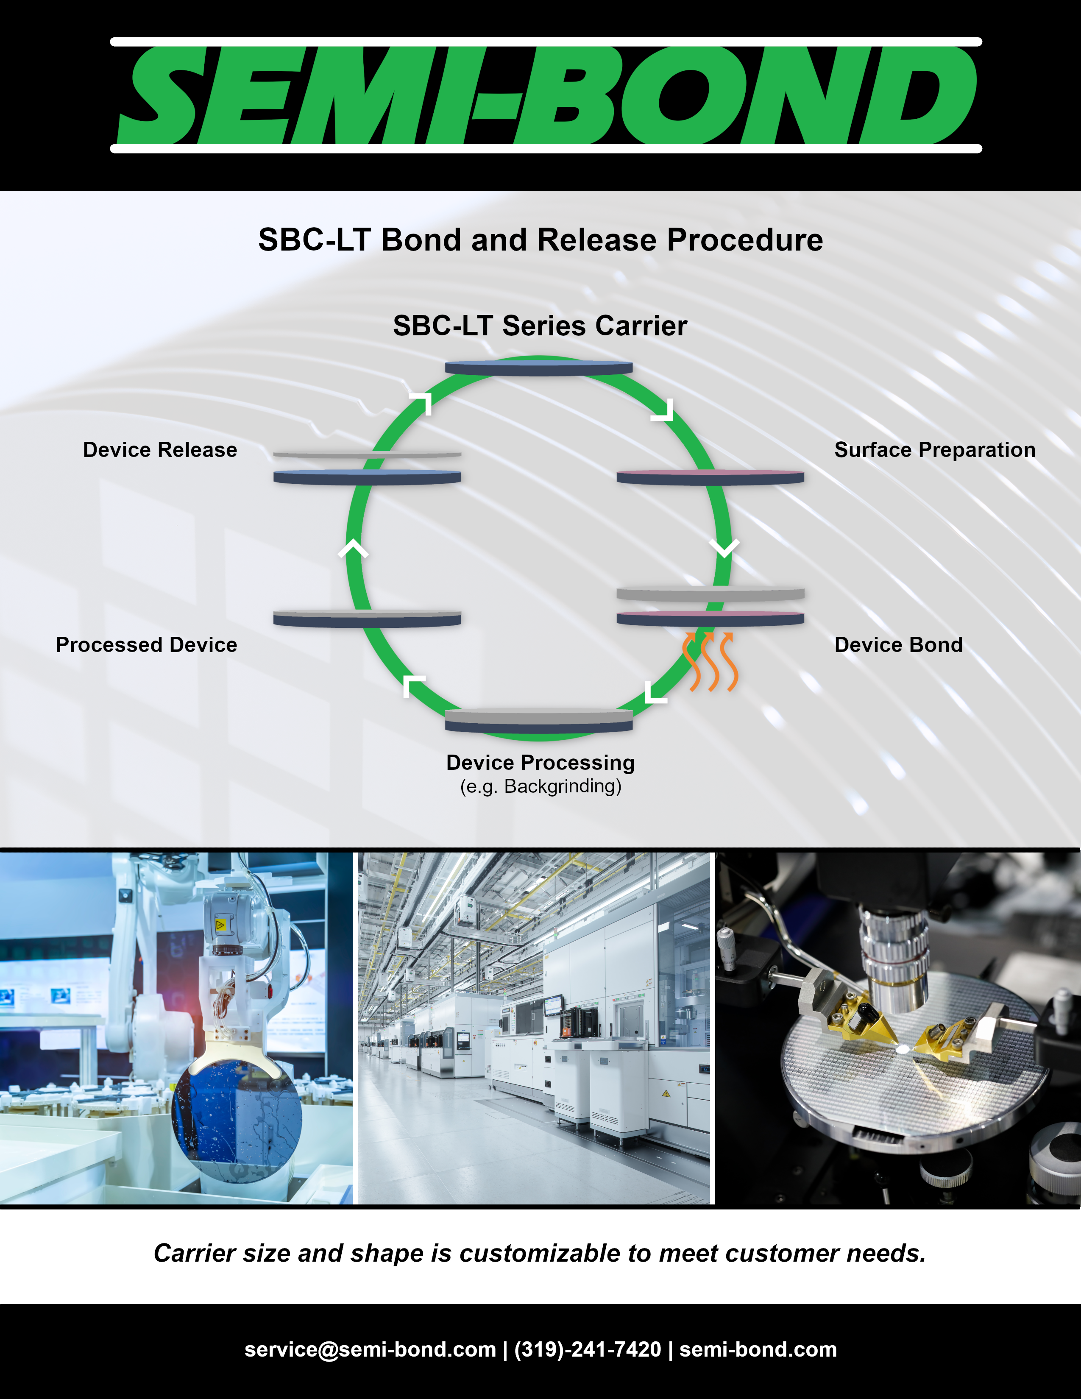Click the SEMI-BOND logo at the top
point(546,95)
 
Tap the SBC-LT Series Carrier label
point(540,326)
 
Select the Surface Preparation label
point(934,450)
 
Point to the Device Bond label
point(898,644)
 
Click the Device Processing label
point(540,762)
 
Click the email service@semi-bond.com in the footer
point(370,1349)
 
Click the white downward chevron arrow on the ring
point(724,548)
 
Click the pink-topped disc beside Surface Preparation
point(710,477)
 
